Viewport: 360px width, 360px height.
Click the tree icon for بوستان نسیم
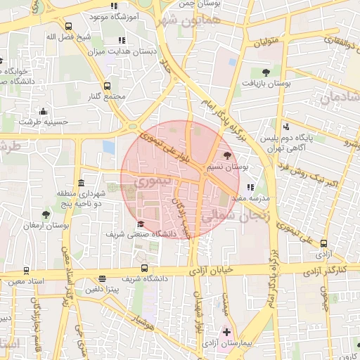click(x=227, y=156)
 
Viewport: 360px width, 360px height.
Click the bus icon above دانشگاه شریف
click(x=144, y=268)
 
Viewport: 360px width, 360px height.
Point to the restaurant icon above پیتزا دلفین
click(x=103, y=279)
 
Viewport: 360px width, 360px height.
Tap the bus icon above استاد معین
click(x=27, y=271)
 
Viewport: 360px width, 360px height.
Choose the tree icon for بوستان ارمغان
click(x=46, y=214)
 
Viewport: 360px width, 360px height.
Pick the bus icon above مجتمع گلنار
click(x=107, y=86)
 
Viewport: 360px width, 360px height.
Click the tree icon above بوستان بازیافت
click(x=266, y=72)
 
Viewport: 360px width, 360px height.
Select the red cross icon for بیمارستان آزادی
click(x=226, y=331)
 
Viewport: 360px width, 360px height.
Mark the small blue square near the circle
click(x=108, y=147)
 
